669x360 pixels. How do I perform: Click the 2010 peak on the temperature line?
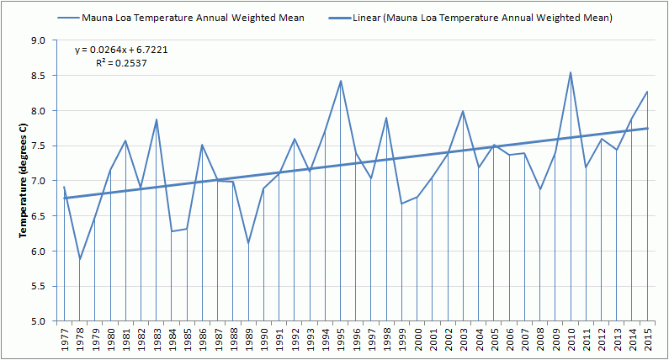571,72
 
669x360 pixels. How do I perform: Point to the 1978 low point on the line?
80,259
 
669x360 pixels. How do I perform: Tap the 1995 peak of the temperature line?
341,81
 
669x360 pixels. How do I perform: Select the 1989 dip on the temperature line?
248,243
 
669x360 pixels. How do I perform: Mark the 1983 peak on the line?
157,119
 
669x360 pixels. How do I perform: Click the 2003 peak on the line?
463,111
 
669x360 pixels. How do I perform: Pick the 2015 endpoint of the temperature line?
647,92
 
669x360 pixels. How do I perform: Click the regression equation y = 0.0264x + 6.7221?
122,50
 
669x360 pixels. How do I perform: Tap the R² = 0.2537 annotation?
122,62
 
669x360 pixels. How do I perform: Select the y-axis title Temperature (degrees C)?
24,180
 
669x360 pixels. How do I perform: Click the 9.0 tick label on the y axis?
38,40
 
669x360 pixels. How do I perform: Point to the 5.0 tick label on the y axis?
38,321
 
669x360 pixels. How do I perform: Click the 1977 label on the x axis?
65,341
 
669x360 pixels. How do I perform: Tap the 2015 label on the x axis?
647,341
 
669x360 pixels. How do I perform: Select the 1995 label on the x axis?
341,341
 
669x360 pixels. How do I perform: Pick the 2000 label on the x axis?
417,341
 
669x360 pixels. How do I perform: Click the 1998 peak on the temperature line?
386,118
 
